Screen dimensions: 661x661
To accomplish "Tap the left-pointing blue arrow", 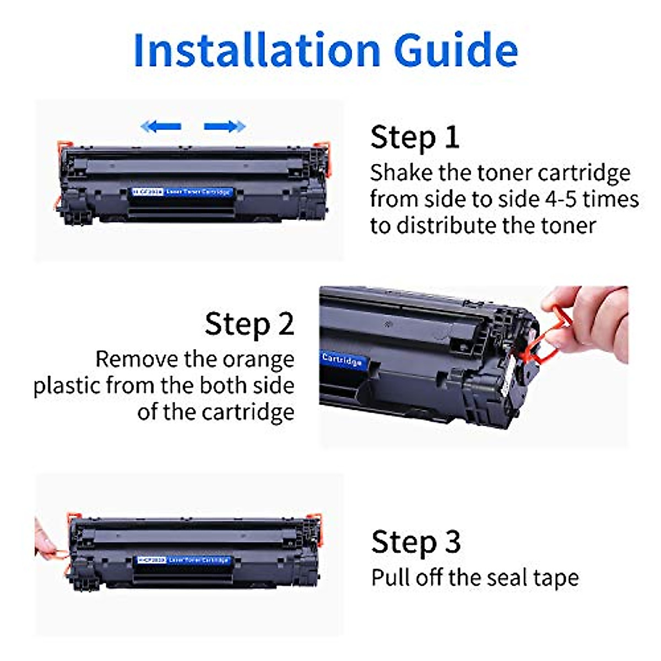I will point(161,127).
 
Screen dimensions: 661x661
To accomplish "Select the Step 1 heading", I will point(415,137).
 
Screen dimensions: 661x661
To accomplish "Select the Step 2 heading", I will point(250,324).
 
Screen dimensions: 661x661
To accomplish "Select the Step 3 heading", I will point(416,542).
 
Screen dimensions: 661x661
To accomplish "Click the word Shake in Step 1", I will point(401,173).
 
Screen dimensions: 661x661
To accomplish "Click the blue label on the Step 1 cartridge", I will point(182,192).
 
